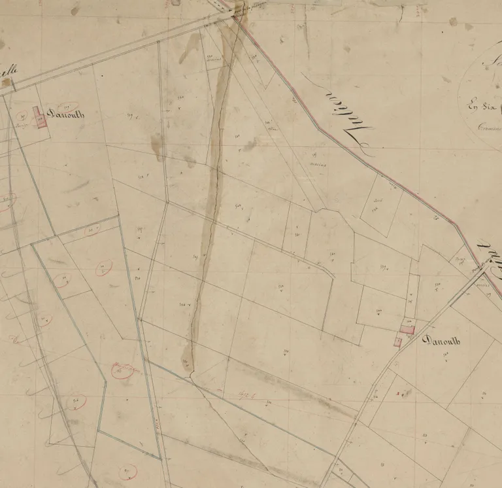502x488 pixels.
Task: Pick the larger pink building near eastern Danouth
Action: [x=408, y=330]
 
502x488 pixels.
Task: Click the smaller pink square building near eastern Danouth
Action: [x=397, y=341]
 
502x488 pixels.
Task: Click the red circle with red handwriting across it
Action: [x=122, y=371]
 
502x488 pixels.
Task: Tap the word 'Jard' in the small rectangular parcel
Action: [x=378, y=200]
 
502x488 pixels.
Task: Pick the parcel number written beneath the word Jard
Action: [x=375, y=209]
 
